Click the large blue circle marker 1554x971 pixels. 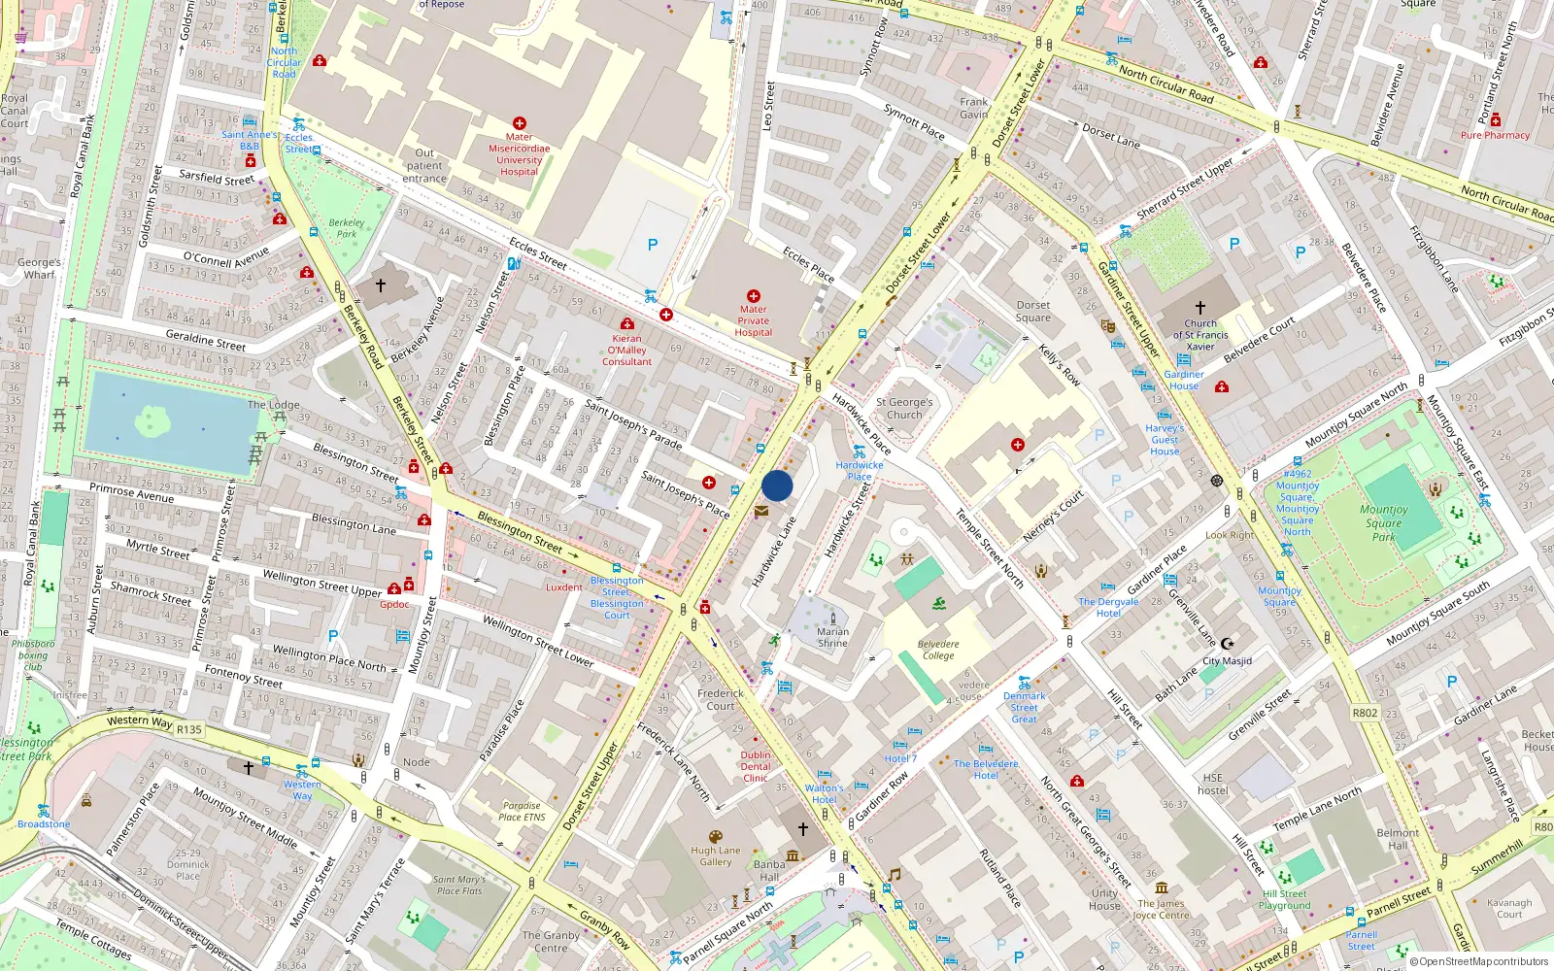coord(777,485)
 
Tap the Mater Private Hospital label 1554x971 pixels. coord(753,320)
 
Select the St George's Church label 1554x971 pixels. coord(904,408)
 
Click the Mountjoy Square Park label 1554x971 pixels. coord(1383,522)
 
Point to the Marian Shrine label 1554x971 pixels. coord(832,637)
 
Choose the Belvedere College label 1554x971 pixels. coord(937,650)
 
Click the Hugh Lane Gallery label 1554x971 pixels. coord(716,855)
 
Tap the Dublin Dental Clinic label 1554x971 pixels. coord(756,766)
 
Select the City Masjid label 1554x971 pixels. coord(1227,660)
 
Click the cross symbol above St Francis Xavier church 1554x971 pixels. coord(1200,308)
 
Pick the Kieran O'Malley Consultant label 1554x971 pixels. coord(626,350)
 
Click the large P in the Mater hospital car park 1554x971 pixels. coord(653,246)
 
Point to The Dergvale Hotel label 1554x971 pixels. coord(1108,607)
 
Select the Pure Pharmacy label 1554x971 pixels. coord(1495,135)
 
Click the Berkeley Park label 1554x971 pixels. coord(347,228)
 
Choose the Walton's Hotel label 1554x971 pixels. coord(824,793)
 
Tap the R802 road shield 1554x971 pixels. coord(1365,713)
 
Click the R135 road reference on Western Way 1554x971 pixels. coord(189,729)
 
